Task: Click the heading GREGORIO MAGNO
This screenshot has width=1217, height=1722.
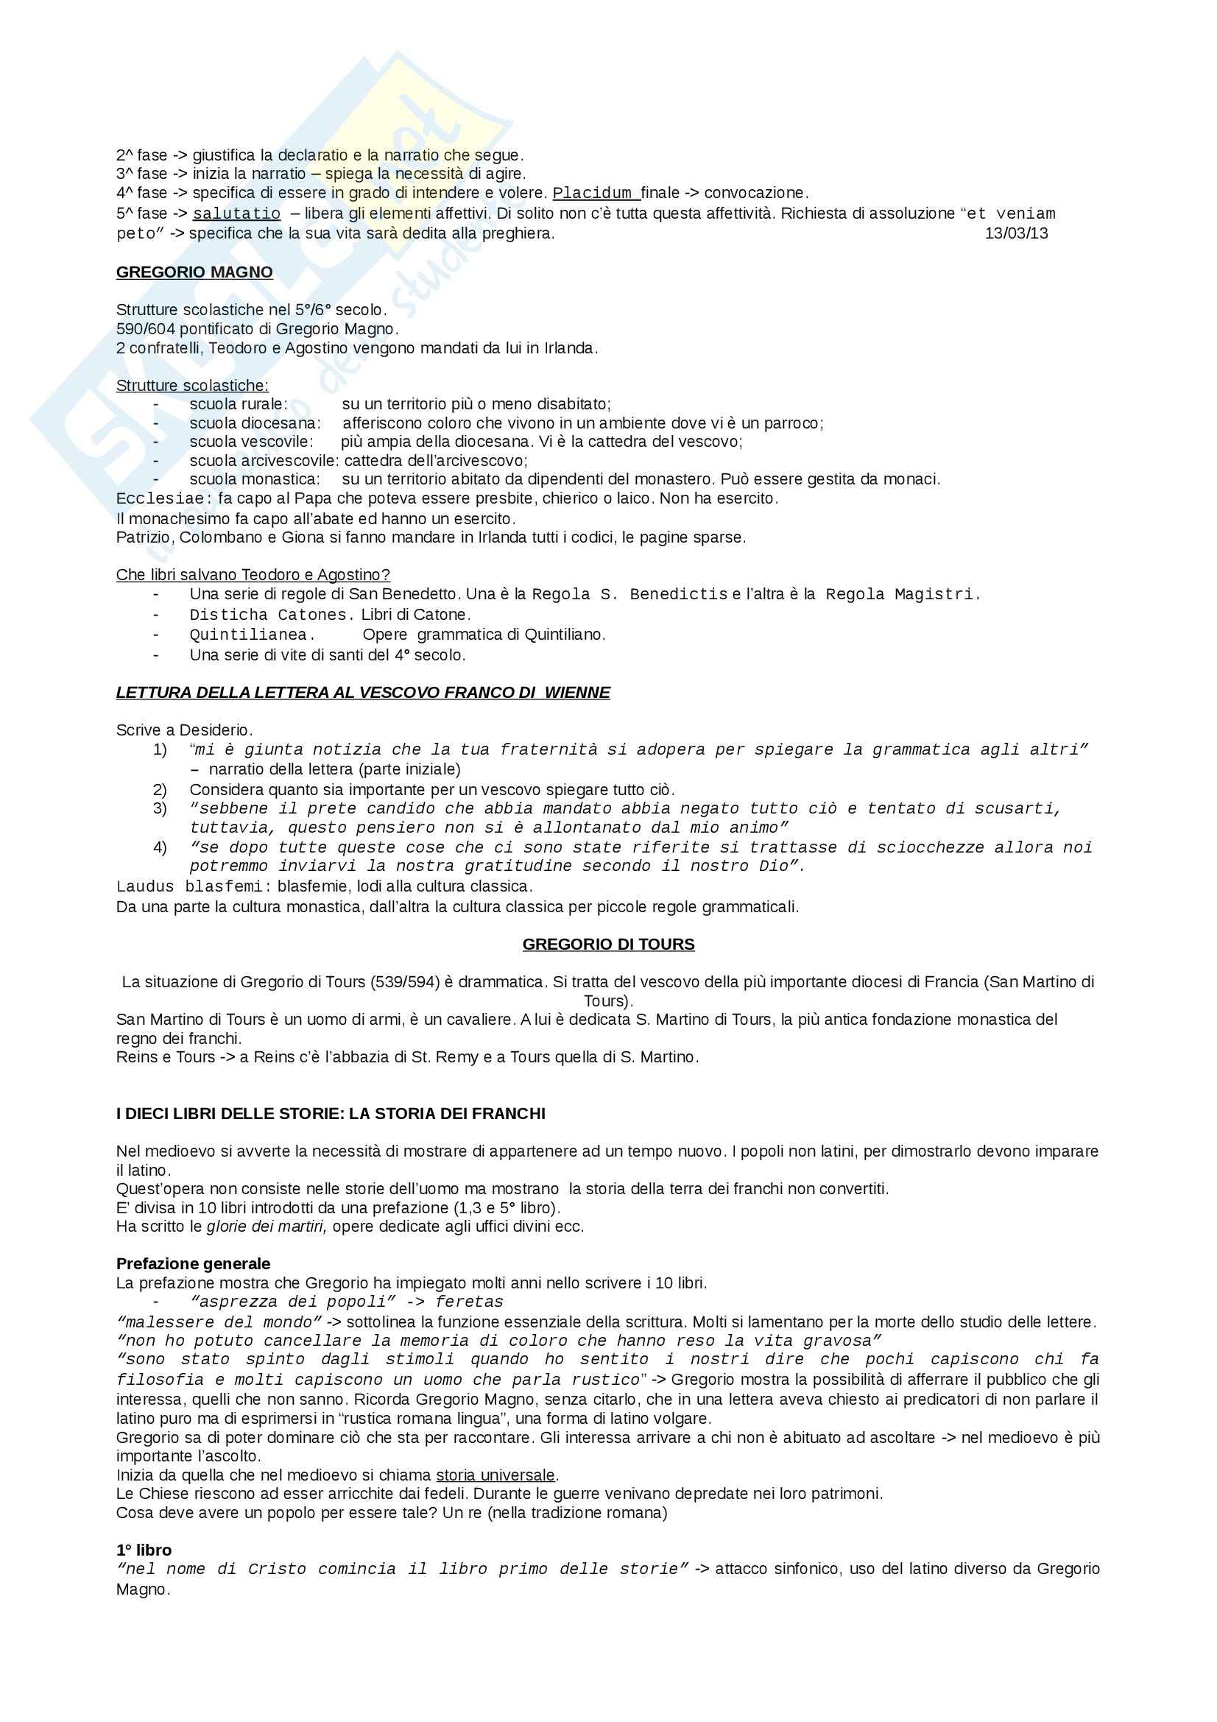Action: (x=194, y=272)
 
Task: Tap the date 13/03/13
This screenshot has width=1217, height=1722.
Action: (x=1016, y=233)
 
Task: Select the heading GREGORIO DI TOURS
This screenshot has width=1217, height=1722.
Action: (x=608, y=945)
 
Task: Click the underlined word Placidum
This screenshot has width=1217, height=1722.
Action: (x=596, y=194)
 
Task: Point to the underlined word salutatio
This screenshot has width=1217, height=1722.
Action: (x=236, y=214)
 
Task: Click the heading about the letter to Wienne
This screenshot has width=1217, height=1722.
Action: (x=363, y=692)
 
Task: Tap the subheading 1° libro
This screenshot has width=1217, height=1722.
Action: (x=144, y=1550)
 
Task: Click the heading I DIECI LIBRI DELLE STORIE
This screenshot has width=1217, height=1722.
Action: (x=331, y=1114)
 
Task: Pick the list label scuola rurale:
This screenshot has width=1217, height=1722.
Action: (x=239, y=404)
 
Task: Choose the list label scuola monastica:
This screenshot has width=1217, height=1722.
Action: (x=254, y=479)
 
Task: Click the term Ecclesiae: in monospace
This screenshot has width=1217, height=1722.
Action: (x=163, y=498)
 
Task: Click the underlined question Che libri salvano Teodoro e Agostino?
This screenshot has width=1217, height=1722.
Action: (x=253, y=575)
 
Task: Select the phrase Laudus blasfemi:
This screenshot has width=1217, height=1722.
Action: (x=194, y=886)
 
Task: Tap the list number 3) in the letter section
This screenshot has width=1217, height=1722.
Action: (x=160, y=808)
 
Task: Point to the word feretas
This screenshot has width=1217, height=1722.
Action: (x=470, y=1302)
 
